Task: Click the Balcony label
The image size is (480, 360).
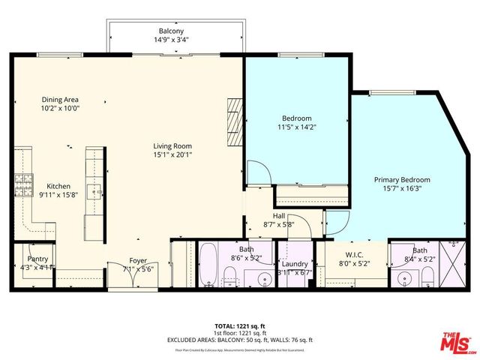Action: [172, 31]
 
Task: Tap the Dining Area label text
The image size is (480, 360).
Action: [60, 99]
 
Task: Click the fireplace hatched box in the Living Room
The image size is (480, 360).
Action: [235, 121]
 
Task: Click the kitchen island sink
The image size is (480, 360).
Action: [94, 190]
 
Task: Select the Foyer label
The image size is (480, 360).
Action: [138, 261]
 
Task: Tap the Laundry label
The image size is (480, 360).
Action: [295, 264]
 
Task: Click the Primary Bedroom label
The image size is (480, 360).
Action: [402, 180]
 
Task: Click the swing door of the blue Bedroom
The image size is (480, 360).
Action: [257, 174]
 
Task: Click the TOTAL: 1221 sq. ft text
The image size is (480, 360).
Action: [239, 325]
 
